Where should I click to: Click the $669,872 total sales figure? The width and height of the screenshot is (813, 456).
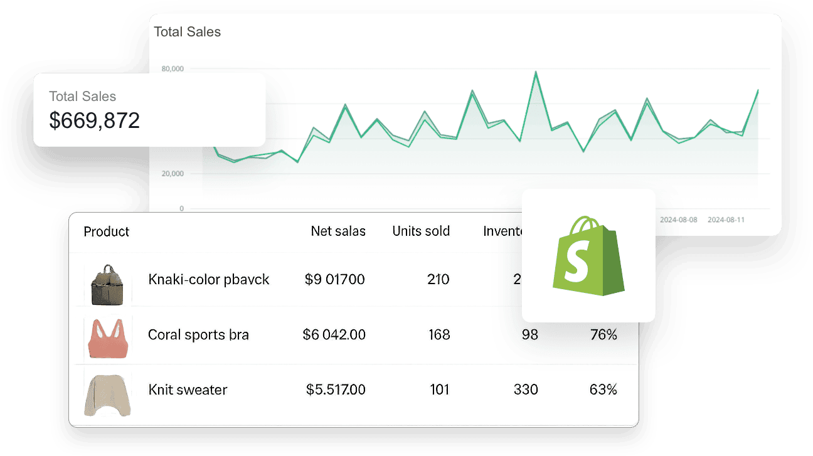pos(94,120)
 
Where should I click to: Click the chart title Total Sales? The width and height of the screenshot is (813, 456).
pos(188,31)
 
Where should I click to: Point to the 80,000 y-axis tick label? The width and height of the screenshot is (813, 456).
pos(173,68)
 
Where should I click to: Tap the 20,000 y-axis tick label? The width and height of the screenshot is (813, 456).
pos(173,173)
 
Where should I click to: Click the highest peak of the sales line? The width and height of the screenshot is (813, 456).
pos(536,72)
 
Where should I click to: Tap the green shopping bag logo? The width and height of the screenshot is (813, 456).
pos(588,255)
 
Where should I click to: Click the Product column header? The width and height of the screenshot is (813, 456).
pos(106,231)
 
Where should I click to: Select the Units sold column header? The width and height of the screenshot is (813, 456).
pos(421,231)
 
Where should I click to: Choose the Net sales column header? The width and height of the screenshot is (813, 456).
pos(338,231)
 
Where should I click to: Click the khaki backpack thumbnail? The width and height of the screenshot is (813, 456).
pos(108,284)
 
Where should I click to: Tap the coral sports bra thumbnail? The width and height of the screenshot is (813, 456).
pos(108,337)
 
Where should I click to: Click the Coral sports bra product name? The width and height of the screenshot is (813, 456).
pos(198,334)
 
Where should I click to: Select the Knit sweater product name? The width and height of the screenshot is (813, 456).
pos(188,390)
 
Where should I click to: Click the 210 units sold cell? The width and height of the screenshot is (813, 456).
pos(438,279)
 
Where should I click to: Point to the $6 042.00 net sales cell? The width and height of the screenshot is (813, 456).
pos(334,334)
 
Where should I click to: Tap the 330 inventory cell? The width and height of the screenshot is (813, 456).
pos(526,390)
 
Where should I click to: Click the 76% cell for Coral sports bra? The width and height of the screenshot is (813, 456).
pos(603,334)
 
